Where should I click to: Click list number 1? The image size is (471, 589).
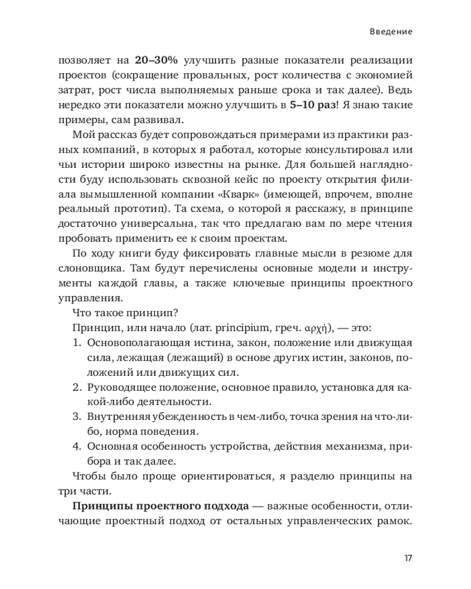[x=77, y=342]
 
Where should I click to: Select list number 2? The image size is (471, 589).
[x=77, y=388]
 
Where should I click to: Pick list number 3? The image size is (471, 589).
[x=77, y=417]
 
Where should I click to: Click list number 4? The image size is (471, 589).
[x=77, y=446]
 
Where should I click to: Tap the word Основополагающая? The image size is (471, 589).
[x=131, y=342]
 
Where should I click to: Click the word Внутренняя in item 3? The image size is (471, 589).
[x=114, y=417]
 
